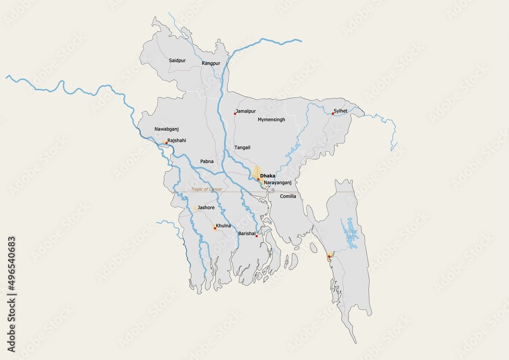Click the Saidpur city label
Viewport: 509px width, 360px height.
(x=178, y=61)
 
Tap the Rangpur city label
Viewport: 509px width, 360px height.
(x=211, y=63)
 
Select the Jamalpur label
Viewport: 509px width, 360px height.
(x=246, y=111)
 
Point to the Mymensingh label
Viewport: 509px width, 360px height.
(x=271, y=120)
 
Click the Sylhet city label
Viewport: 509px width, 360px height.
(x=341, y=111)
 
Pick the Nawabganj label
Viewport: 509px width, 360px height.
(x=166, y=129)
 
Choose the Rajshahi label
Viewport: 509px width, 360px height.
(x=177, y=141)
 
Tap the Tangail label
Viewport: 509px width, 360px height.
(x=242, y=148)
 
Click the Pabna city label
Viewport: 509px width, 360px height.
(x=207, y=161)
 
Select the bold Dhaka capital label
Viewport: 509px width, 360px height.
(x=268, y=176)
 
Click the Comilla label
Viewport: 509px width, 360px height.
(x=288, y=196)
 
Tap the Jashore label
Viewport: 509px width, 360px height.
(x=206, y=208)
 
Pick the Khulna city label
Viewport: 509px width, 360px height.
(x=223, y=226)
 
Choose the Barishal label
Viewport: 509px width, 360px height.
(x=246, y=234)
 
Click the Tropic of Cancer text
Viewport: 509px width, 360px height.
(x=207, y=189)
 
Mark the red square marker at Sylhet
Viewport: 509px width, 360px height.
(x=332, y=114)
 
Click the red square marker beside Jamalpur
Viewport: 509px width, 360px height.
(x=235, y=114)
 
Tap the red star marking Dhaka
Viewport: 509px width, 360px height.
(x=259, y=179)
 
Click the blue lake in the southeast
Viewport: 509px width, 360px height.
(x=350, y=232)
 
